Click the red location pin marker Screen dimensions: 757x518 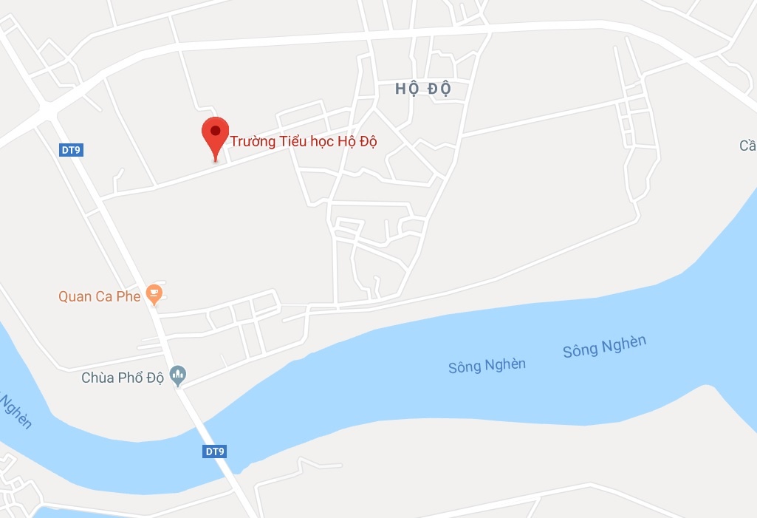coord(215,137)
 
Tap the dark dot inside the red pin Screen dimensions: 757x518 coord(215,131)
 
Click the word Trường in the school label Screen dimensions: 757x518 coord(253,141)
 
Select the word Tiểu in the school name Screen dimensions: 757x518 coord(293,141)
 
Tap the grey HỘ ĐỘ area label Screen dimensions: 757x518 coord(422,89)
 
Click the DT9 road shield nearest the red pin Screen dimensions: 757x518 coord(71,150)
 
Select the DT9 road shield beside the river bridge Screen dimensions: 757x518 coord(214,451)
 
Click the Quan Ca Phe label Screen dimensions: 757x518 coord(100,296)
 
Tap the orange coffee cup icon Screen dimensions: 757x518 coord(154,295)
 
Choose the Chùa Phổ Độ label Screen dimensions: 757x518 coord(122,378)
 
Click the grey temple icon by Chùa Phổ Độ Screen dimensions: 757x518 coord(178,376)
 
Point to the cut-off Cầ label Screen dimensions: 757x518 coord(747,146)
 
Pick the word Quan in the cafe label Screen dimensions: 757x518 coord(75,296)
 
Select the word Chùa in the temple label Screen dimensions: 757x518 coord(97,378)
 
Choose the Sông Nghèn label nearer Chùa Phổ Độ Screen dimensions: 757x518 coord(487,365)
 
